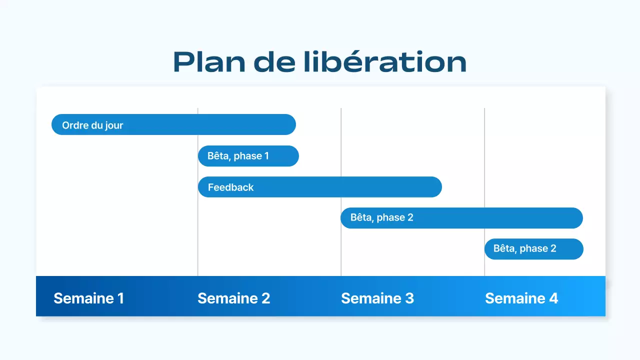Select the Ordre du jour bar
point(173,124)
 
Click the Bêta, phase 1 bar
point(248,156)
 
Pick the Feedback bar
point(320,187)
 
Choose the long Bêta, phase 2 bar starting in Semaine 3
point(461,218)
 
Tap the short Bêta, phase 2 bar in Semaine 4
point(533,249)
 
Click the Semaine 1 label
point(88,298)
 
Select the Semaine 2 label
point(233,298)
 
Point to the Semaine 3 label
point(377,298)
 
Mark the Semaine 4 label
point(521,298)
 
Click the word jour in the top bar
point(114,125)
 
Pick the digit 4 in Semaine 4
point(553,298)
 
